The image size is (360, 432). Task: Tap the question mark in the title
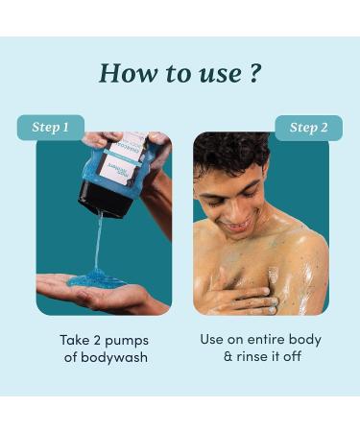253,73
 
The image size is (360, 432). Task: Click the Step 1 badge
51,128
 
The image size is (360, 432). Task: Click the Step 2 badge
308,128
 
